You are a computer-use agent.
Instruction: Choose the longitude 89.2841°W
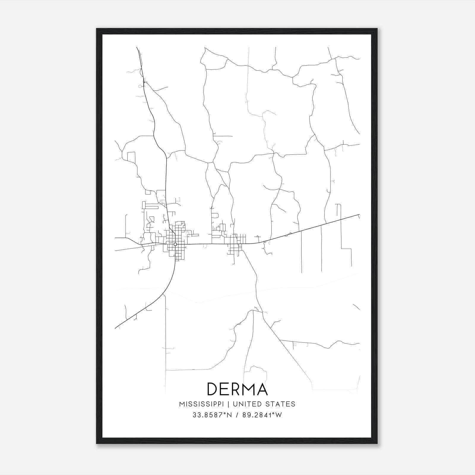coord(261,415)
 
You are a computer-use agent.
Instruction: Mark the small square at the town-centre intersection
coord(175,244)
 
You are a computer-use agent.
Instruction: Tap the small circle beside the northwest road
coord(140,86)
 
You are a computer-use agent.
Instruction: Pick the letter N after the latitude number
coord(228,415)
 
